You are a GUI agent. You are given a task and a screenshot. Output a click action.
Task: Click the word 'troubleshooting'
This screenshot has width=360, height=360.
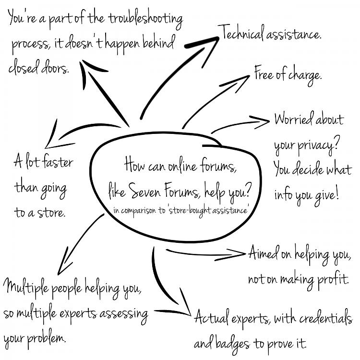tap(145, 19)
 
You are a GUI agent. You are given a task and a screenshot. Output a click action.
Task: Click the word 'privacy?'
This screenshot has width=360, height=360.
tap(318, 145)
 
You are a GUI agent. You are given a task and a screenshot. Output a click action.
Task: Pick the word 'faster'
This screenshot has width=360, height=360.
tap(58, 161)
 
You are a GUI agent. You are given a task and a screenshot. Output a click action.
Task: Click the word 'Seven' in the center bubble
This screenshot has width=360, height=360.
tap(144, 191)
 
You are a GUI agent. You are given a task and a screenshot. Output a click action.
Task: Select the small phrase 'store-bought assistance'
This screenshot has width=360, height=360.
tap(208, 211)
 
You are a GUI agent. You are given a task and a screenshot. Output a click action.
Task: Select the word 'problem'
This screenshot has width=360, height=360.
tap(47, 339)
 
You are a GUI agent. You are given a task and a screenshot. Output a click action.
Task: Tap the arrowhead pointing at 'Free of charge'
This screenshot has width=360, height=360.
tap(239, 83)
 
